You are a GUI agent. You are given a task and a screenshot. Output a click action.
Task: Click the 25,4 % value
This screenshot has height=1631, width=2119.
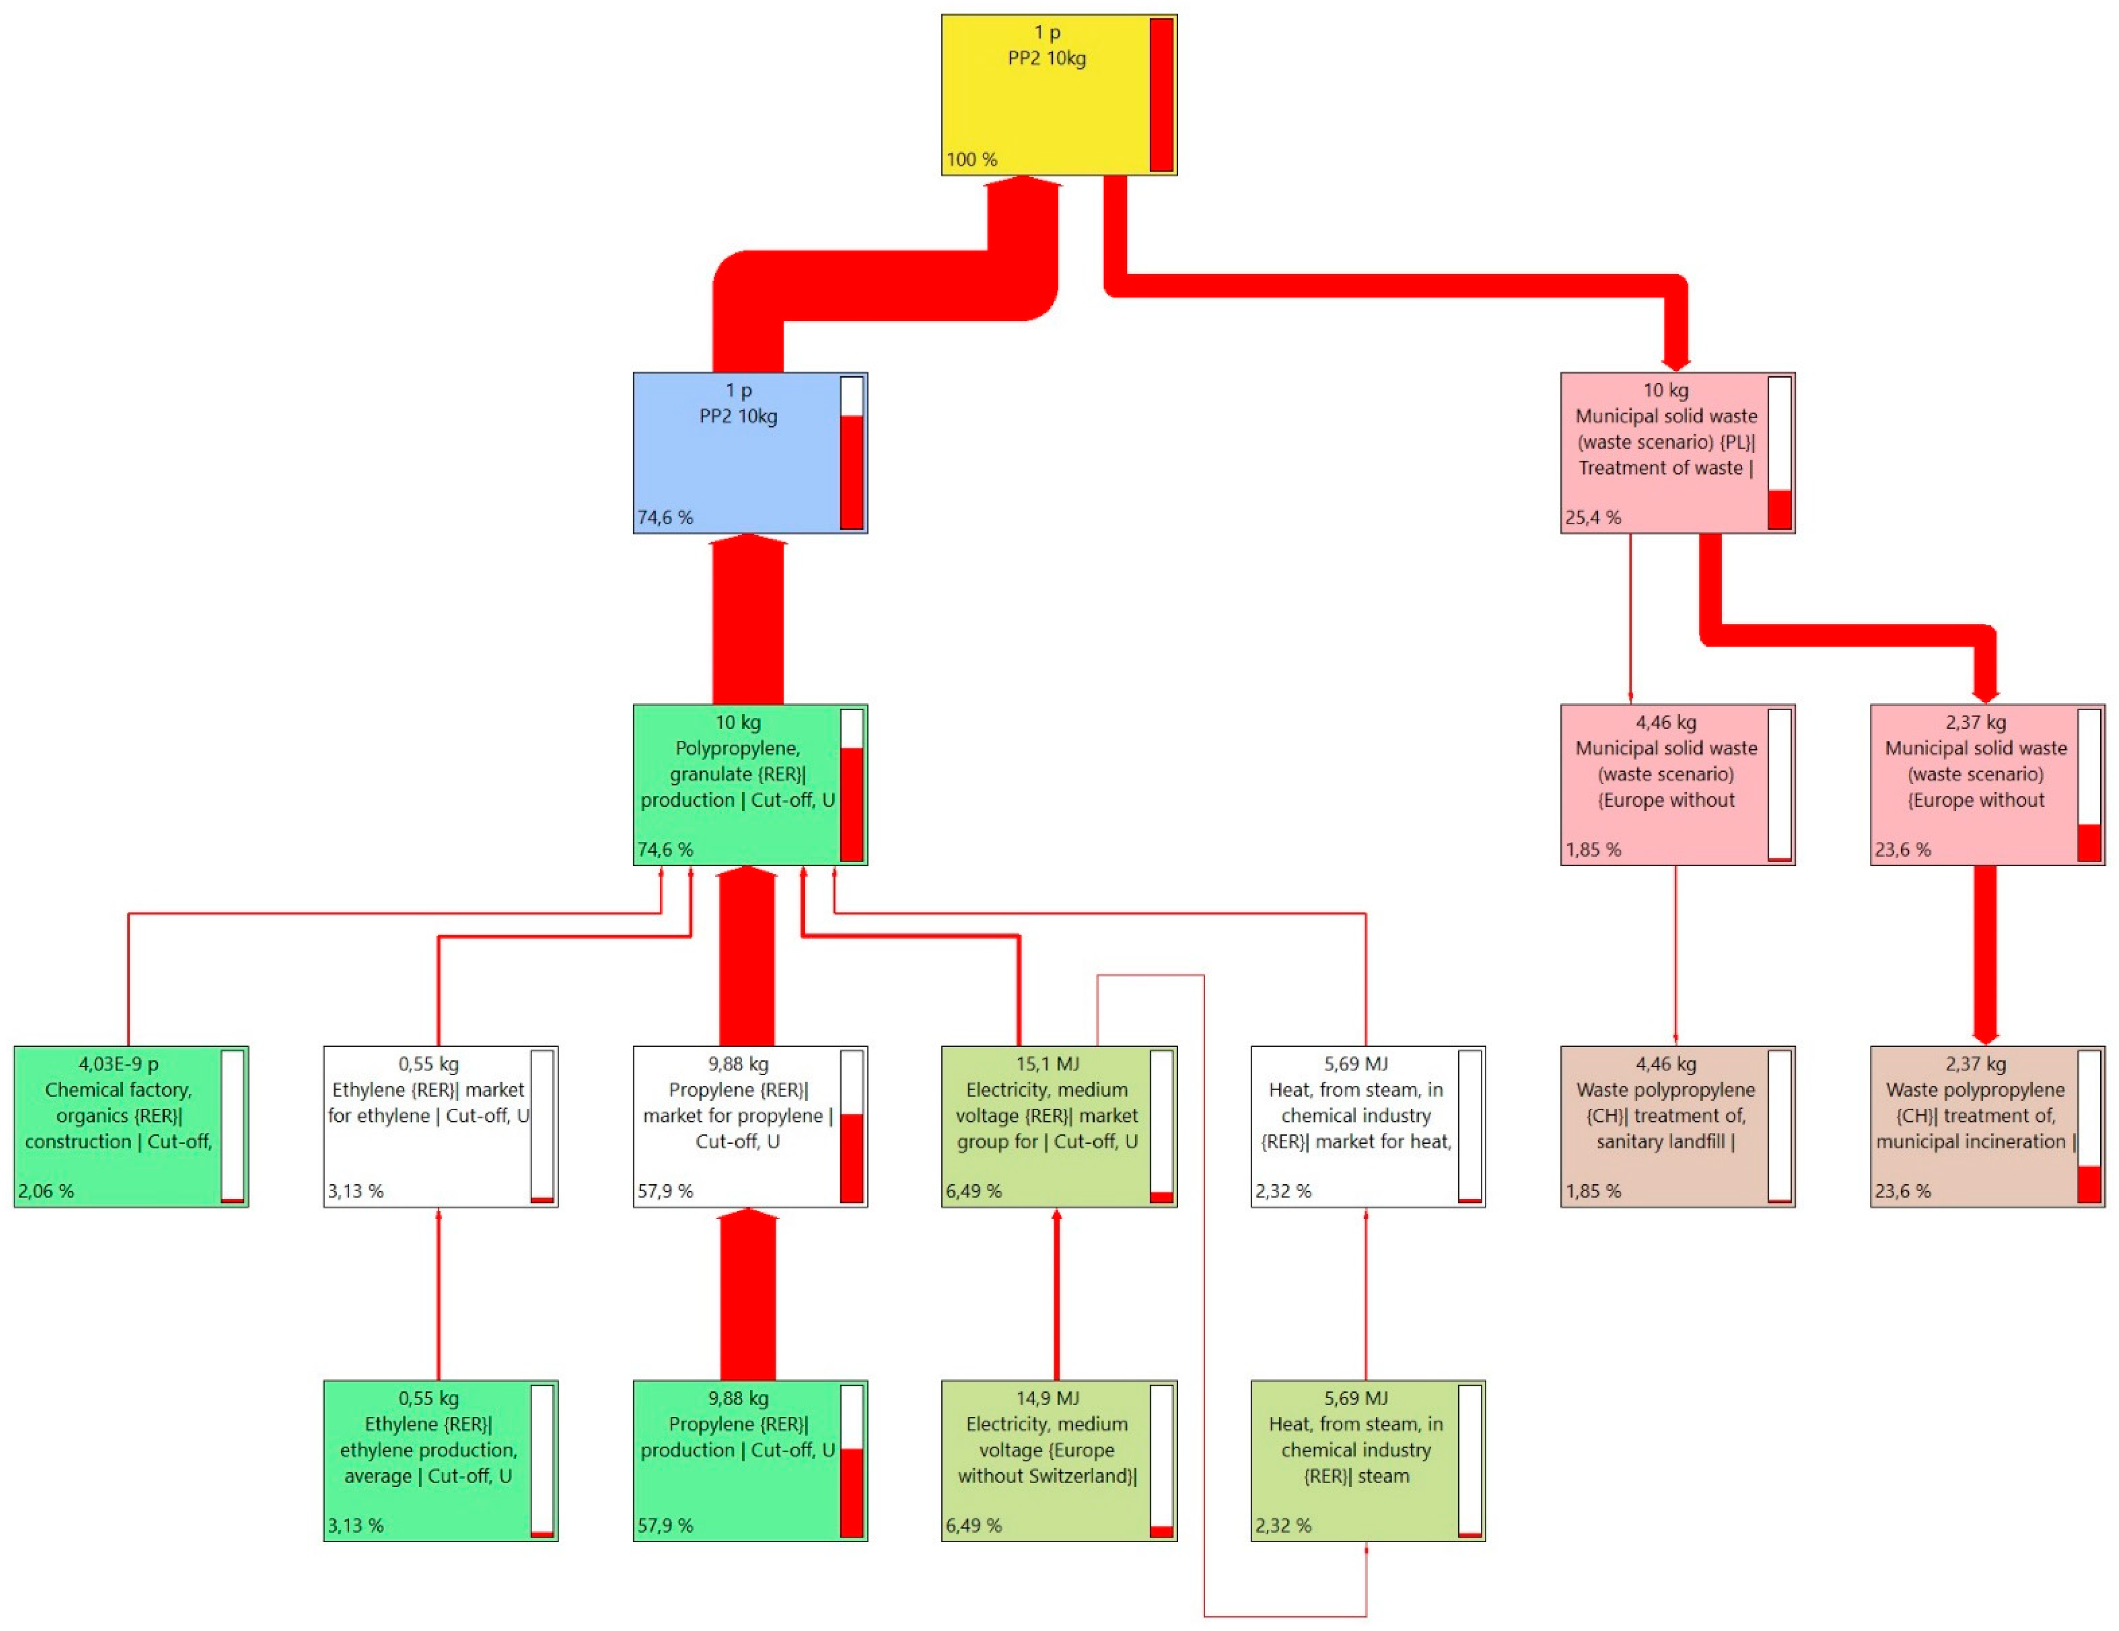click(1592, 517)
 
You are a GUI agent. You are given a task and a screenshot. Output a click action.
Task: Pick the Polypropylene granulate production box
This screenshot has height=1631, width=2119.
click(737, 784)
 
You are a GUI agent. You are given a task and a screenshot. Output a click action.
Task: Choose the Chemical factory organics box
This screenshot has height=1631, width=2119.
click(118, 1125)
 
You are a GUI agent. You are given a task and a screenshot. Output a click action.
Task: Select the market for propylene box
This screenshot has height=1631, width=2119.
click(737, 1125)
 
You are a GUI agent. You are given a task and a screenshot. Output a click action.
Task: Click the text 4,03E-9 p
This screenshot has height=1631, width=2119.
click(118, 1063)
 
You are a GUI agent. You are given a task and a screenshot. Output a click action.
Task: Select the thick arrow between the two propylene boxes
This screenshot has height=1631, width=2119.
click(748, 1295)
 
